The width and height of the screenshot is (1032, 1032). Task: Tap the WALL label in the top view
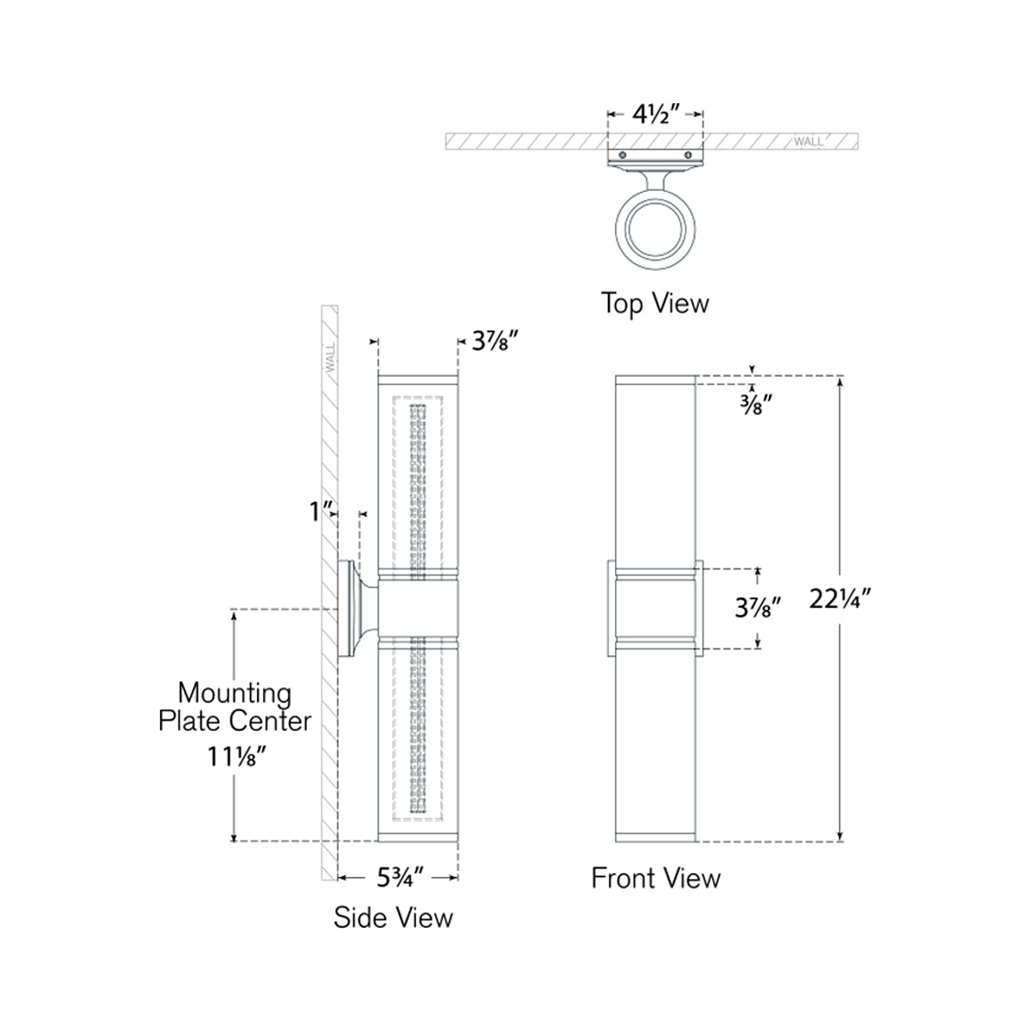(808, 141)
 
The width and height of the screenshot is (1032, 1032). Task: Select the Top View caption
(655, 303)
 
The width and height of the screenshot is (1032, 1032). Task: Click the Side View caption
(393, 917)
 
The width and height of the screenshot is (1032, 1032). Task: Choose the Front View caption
(655, 878)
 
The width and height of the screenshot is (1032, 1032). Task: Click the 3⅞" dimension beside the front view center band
(758, 609)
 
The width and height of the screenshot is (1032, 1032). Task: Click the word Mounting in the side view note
(234, 692)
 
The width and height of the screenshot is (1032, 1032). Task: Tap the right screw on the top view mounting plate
(688, 155)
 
